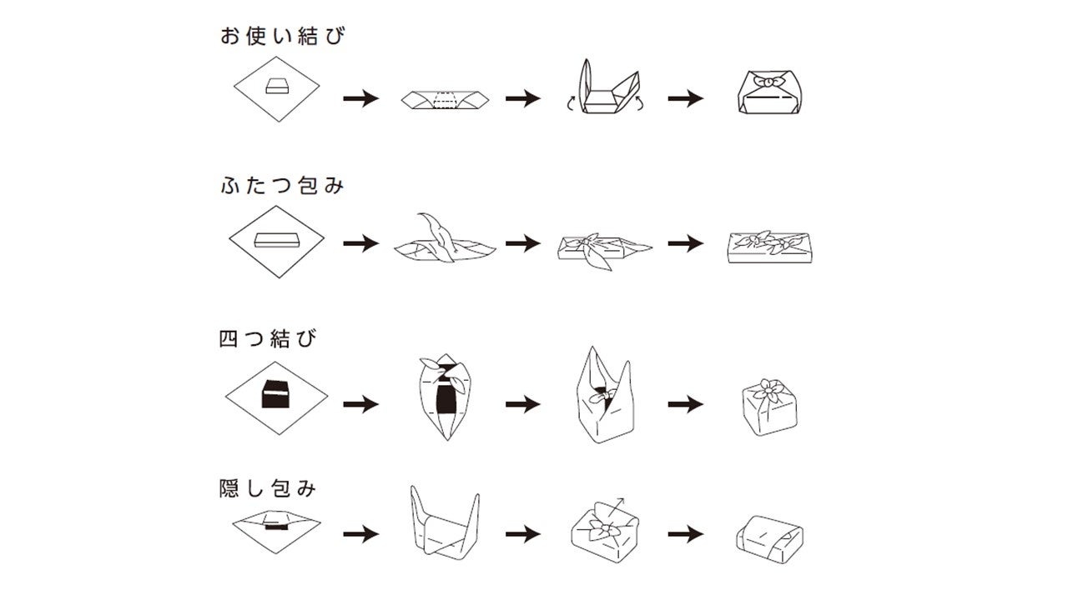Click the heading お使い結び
[283, 36]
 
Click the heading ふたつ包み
[282, 185]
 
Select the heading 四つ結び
[268, 338]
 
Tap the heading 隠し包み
[268, 488]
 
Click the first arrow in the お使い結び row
[361, 98]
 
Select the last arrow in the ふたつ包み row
[686, 243]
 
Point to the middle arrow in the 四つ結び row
[523, 404]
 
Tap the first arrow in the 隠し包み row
[361, 534]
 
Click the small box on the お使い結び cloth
[277, 86]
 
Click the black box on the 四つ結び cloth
[275, 394]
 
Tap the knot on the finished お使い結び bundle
[769, 82]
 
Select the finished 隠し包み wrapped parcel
[769, 540]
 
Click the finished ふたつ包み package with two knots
[769, 247]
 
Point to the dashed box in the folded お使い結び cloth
[446, 100]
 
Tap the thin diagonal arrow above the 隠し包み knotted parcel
[616, 506]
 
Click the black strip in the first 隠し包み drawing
[277, 527]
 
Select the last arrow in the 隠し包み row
[686, 534]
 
